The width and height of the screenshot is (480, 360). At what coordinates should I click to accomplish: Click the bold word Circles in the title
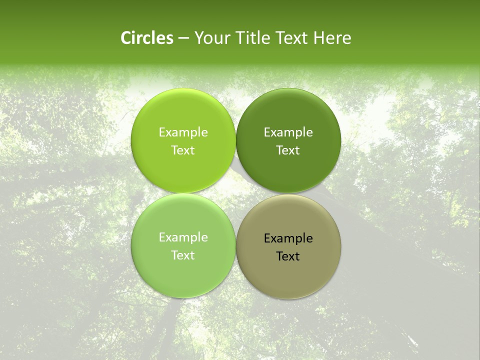tap(147, 38)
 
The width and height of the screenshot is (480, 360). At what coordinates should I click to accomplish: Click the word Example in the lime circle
tap(183, 132)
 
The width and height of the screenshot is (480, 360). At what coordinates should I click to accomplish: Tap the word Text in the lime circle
tap(183, 150)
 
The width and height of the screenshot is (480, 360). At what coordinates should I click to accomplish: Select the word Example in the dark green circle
tap(288, 132)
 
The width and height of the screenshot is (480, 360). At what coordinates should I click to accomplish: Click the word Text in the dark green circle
tap(288, 150)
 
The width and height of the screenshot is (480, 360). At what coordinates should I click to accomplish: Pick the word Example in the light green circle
tap(183, 237)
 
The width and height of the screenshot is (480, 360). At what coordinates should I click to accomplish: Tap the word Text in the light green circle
tap(183, 255)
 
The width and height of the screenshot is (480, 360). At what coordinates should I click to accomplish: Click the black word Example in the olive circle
tap(288, 238)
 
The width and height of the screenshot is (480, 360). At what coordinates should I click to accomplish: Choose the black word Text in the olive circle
tap(288, 256)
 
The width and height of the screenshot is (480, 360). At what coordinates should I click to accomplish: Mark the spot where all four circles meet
tap(235, 193)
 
